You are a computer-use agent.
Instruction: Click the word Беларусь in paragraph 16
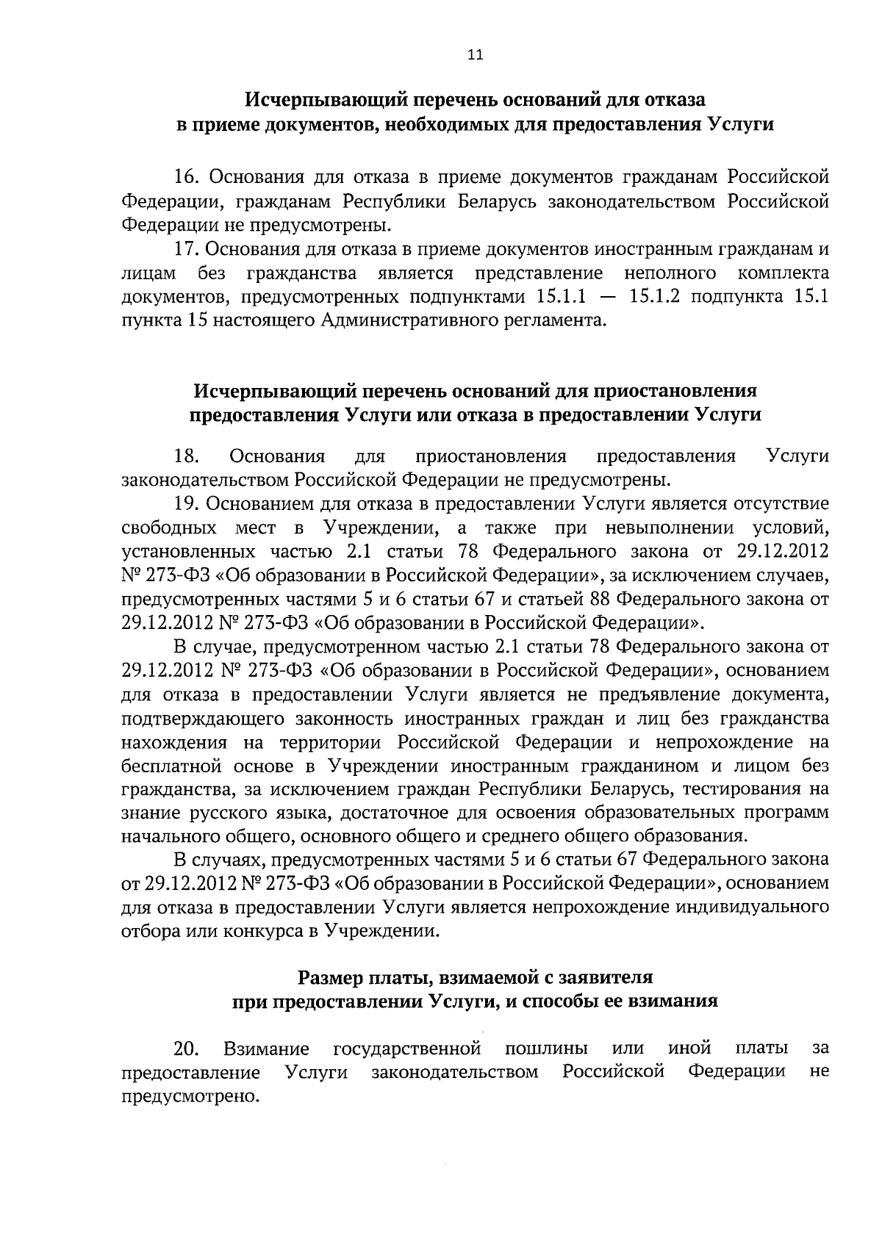pos(481,201)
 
